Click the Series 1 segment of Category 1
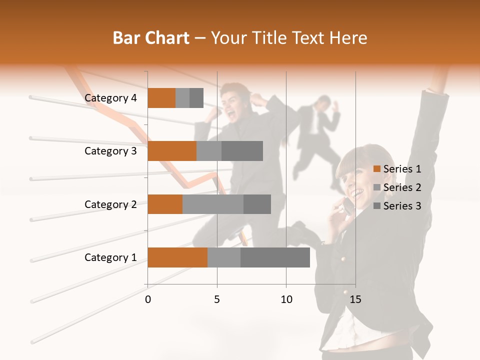(x=177, y=257)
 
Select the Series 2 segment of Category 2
(x=213, y=204)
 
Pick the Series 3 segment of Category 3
(x=242, y=151)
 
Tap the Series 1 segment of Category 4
(x=161, y=98)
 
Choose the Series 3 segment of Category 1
(x=275, y=257)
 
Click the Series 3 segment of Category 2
(x=257, y=204)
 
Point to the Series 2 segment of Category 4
(x=182, y=98)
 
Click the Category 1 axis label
(x=110, y=257)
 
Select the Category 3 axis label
(x=110, y=151)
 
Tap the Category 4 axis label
(x=110, y=98)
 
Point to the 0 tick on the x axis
(x=148, y=299)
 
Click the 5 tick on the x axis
(x=217, y=299)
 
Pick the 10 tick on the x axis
(x=286, y=299)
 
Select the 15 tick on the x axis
(x=355, y=299)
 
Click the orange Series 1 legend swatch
(x=377, y=169)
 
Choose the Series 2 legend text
(x=402, y=187)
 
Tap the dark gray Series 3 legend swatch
(x=377, y=206)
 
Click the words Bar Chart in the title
(x=151, y=38)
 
